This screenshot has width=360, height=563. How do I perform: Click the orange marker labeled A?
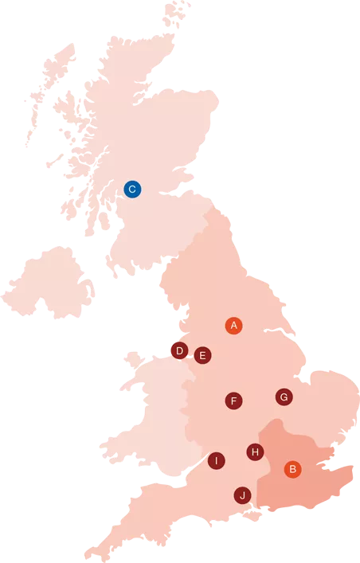coord(233,325)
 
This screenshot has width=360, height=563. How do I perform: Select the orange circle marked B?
coord(293,469)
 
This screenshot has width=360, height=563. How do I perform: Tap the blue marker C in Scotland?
coord(132,189)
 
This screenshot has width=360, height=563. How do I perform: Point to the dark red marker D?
coord(179,350)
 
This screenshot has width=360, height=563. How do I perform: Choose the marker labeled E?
coord(202,355)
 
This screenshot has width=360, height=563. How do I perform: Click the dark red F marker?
coord(233,401)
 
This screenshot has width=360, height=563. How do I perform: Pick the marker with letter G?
coord(284,397)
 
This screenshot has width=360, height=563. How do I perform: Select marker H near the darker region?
coord(255,452)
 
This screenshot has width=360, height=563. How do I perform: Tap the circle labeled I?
coord(216,460)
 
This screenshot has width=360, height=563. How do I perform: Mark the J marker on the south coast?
coord(241,495)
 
